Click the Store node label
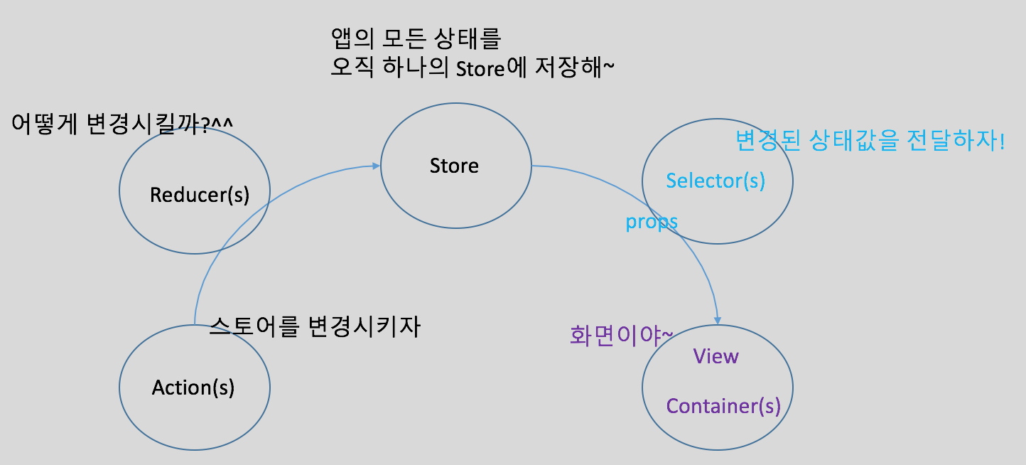coord(454,166)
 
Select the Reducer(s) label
coord(200,195)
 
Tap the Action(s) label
coord(193,387)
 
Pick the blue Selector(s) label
coord(715,181)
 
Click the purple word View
coord(715,356)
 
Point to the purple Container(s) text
coord(723,406)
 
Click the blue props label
coord(651,222)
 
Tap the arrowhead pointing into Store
coord(376,166)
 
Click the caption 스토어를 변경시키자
coord(315,326)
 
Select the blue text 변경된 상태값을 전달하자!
coord(870,141)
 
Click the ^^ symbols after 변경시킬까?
coord(222,122)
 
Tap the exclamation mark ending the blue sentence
coord(1001,141)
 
